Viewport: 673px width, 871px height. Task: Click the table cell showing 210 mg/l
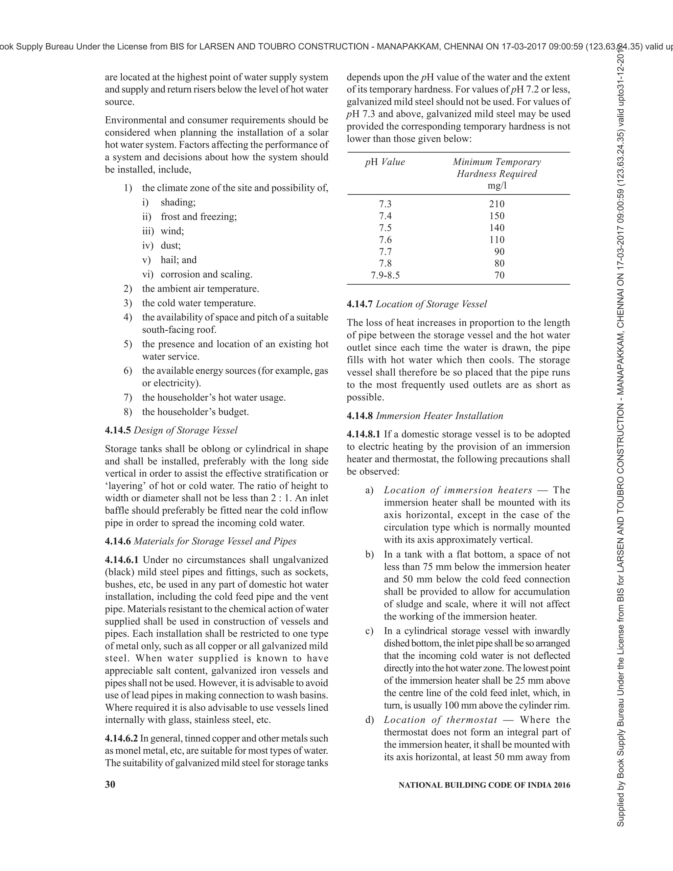(497, 204)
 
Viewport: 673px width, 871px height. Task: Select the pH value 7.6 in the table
(385, 240)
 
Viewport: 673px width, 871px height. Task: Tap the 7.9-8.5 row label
(385, 275)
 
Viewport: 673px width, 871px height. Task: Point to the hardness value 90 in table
(499, 252)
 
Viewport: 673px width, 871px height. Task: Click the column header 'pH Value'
(385, 162)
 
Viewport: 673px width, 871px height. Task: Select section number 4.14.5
(118, 430)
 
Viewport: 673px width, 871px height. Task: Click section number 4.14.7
(360, 304)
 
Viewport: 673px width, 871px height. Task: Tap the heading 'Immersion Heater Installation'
(439, 416)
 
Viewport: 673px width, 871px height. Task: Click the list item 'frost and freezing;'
(198, 217)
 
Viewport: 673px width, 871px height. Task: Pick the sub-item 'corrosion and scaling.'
(206, 274)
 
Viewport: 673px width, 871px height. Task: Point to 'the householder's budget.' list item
(196, 412)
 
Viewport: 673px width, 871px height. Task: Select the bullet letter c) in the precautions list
(369, 631)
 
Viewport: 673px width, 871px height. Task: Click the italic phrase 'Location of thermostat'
(441, 720)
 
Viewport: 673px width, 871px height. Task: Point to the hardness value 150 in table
(497, 216)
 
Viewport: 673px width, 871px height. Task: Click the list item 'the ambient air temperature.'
(200, 289)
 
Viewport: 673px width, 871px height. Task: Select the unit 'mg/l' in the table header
(497, 185)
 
